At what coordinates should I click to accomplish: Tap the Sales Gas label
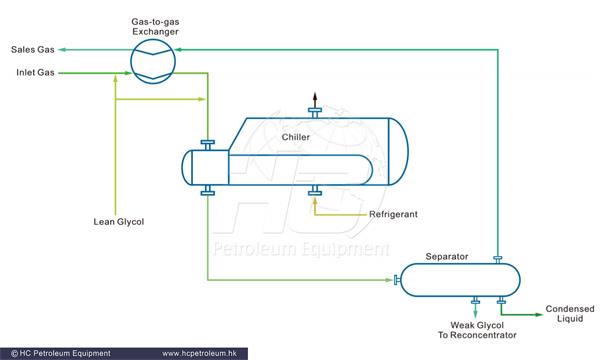[31, 48]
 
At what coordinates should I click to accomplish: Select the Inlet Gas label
[33, 72]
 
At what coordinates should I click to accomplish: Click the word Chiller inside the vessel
[297, 136]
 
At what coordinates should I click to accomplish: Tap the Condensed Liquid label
[569, 315]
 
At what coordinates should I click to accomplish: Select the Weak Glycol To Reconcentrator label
[475, 330]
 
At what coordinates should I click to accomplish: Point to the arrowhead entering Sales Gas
[62, 48]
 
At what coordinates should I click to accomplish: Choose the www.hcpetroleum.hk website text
[205, 353]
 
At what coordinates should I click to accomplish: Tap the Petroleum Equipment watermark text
[299, 248]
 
